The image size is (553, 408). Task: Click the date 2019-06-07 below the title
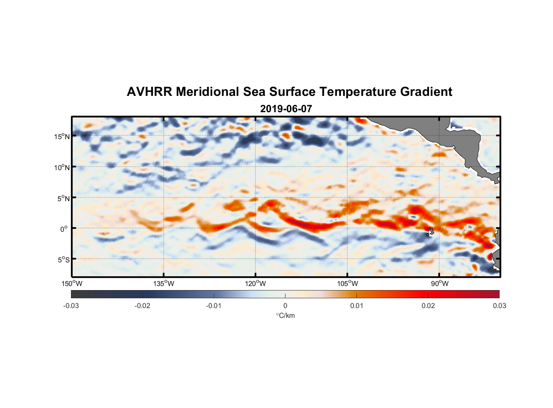[x=286, y=109]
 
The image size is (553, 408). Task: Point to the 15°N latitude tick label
[x=62, y=136]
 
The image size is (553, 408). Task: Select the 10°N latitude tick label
[x=62, y=167]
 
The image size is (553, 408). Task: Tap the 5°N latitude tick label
[x=63, y=198]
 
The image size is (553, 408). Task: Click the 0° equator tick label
[x=64, y=229]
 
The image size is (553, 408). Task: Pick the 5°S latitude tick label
[x=63, y=259]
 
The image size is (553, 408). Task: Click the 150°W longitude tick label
[x=72, y=284]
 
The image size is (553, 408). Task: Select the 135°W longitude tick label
[x=164, y=284]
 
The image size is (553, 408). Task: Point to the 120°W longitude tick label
[x=256, y=284]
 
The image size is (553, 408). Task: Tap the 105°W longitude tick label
[x=347, y=284]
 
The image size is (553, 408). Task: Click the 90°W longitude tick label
[x=440, y=284]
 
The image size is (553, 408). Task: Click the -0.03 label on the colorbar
[x=71, y=306]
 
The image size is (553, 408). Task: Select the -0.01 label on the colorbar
[x=214, y=306]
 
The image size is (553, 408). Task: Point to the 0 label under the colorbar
[x=285, y=306]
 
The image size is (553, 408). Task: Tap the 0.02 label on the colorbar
[x=428, y=306]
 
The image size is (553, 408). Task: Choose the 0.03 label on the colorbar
[x=499, y=306]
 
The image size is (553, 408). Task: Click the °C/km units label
[x=285, y=315]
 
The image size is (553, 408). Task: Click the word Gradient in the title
[x=426, y=92]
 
